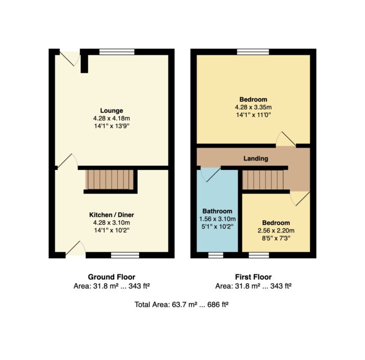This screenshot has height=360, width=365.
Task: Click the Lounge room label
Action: [112, 111]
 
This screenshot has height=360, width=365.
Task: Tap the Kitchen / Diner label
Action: [112, 215]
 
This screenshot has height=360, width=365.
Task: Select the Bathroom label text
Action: [217, 211]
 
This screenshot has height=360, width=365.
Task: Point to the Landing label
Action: [256, 159]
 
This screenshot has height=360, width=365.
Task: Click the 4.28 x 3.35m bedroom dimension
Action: [253, 107]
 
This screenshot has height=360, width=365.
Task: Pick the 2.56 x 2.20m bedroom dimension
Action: [276, 231]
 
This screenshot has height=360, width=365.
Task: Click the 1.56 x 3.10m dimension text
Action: [217, 219]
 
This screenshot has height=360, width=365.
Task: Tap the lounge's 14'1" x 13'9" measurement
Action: [112, 126]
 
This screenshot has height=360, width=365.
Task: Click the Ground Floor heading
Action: [112, 277]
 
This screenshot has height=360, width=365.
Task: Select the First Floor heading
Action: [253, 277]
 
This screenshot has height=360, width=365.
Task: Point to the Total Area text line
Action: [181, 305]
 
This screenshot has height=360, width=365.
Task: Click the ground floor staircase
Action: [110, 180]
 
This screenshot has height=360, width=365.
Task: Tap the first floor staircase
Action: [263, 180]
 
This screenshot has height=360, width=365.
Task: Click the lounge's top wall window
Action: [117, 52]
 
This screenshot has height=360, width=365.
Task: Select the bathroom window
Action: [215, 255]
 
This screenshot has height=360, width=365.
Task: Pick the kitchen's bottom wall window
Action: [125, 255]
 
